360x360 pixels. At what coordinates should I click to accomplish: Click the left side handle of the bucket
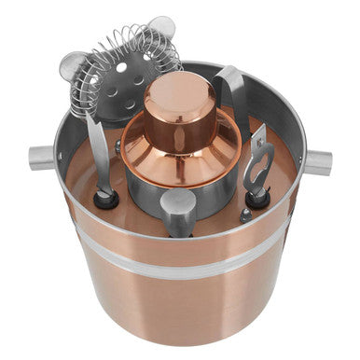tap(41, 158)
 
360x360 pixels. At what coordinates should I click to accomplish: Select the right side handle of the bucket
tap(317, 162)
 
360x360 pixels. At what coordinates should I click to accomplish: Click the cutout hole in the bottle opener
tap(257, 149)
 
